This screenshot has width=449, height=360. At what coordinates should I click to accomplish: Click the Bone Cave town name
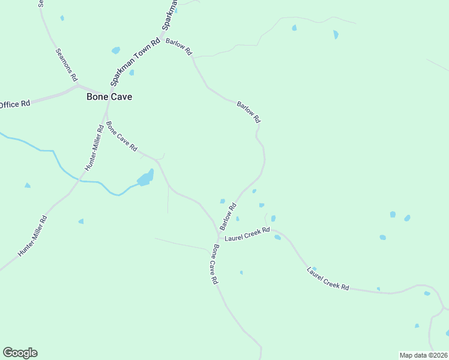tap(109, 97)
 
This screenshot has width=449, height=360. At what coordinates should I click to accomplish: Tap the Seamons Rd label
tap(66, 65)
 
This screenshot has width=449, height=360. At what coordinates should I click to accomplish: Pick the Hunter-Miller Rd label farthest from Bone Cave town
tap(32, 236)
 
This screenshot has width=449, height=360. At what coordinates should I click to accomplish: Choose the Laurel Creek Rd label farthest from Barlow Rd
tap(328, 279)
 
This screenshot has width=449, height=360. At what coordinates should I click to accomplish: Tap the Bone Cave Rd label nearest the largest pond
tap(122, 136)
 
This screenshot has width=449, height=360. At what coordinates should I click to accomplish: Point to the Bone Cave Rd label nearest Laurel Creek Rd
tap(214, 265)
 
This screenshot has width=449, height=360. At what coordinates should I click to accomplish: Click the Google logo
tap(20, 353)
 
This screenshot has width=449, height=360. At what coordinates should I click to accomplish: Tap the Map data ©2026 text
tap(423, 355)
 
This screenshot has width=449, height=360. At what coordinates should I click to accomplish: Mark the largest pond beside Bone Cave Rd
tap(145, 178)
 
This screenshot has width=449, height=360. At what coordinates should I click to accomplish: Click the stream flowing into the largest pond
tap(90, 181)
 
